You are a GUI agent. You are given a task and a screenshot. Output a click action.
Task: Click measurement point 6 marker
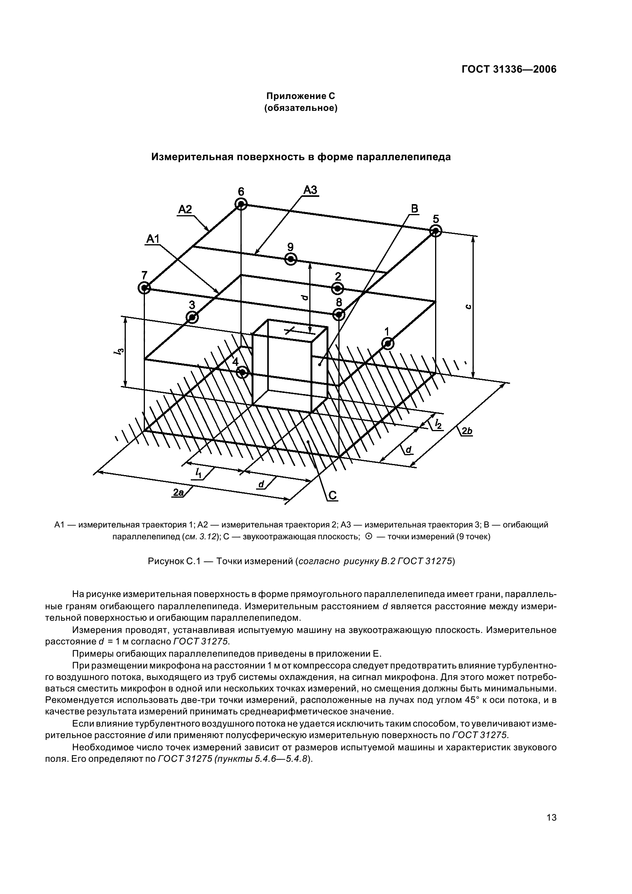click(241, 204)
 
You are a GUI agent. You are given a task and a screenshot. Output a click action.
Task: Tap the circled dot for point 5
click(436, 231)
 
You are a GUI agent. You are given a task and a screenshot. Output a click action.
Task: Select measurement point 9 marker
click(291, 259)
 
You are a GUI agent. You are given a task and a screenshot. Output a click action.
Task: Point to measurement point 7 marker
click(144, 288)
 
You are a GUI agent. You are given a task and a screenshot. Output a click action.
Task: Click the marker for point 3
click(192, 317)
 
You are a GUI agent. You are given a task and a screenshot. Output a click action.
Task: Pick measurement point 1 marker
click(388, 344)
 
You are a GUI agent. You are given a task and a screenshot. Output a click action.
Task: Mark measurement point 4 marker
click(243, 373)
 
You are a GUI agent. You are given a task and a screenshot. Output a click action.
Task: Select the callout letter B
click(415, 209)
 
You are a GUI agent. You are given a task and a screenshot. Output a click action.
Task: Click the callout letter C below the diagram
click(333, 495)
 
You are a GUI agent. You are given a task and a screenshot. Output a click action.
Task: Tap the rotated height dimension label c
click(469, 307)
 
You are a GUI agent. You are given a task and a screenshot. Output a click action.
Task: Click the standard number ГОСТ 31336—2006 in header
click(509, 69)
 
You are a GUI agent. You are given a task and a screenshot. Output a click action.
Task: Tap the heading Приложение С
click(300, 96)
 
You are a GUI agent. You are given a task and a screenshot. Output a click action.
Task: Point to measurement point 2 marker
click(338, 289)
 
